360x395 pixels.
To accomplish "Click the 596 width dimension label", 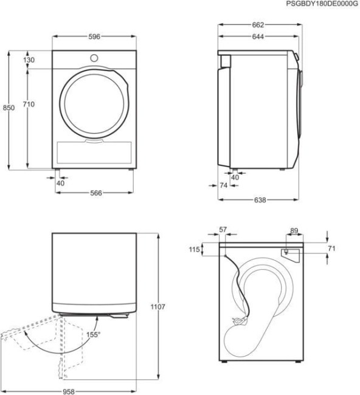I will [x=94, y=36].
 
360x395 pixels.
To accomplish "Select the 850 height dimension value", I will [x=9, y=108].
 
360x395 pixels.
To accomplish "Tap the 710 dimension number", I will [x=29, y=105].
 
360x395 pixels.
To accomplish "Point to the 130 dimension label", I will [x=29, y=60].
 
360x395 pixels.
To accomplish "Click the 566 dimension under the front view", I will [x=94, y=193].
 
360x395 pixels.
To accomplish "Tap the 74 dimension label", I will [x=223, y=185].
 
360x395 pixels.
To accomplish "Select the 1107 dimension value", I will [x=157, y=307].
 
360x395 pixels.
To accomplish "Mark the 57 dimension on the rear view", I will [x=222, y=230].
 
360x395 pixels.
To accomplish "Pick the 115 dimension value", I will [x=194, y=250].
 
